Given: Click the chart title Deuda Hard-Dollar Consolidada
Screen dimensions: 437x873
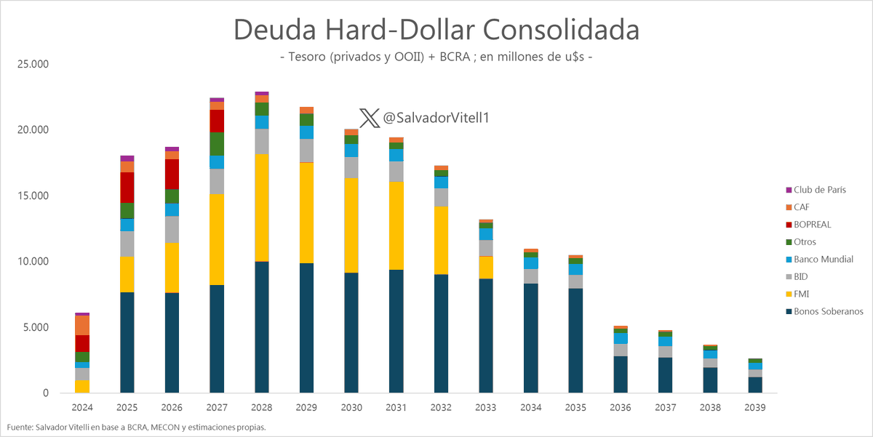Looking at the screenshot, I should [x=436, y=31].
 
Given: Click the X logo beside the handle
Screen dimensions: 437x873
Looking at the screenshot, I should [x=370, y=118].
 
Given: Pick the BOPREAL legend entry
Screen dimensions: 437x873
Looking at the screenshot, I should [x=812, y=225].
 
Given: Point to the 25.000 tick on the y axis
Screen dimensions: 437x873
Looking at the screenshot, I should [x=33, y=64].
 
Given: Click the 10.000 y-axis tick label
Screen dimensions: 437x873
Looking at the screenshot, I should [x=33, y=262].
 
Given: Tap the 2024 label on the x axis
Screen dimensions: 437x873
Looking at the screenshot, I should [x=82, y=407].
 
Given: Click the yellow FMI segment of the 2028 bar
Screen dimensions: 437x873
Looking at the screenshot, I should [x=261, y=207].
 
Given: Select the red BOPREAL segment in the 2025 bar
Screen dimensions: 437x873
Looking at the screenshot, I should [x=127, y=188].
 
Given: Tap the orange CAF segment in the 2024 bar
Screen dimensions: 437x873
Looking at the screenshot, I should [x=82, y=325].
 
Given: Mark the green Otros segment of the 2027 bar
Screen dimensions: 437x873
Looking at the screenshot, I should [x=217, y=143].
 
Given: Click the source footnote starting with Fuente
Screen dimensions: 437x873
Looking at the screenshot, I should [x=136, y=427].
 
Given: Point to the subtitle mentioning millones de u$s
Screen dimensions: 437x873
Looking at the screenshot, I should [x=436, y=57].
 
